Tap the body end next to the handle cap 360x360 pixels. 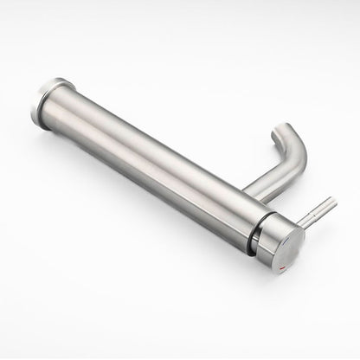pos(238,216)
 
